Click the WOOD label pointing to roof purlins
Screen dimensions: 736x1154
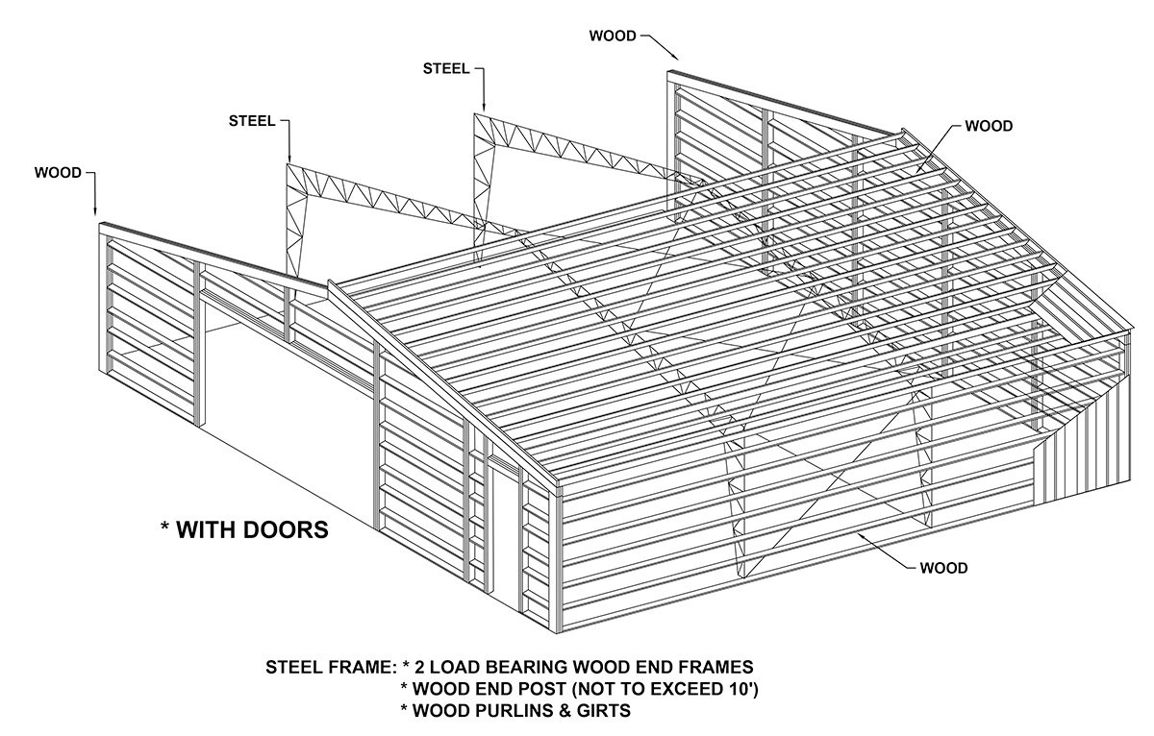coord(989,126)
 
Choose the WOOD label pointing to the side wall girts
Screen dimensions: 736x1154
coord(943,568)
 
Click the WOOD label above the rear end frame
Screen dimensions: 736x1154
coord(613,37)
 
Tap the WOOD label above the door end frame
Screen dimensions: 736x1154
coord(58,173)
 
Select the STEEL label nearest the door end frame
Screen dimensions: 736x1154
coord(252,121)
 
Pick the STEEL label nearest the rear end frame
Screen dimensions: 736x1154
coord(446,68)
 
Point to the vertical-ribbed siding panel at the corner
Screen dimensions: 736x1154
coord(1087,432)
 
